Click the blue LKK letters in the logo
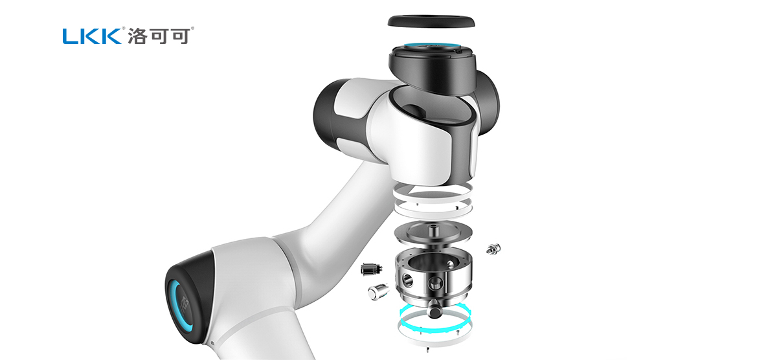pyautogui.click(x=90, y=36)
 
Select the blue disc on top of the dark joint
pyautogui.click(x=430, y=49)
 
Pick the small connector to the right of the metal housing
pyautogui.click(x=494, y=247)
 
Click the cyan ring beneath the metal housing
pyautogui.click(x=433, y=321)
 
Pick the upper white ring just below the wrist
pyautogui.click(x=432, y=191)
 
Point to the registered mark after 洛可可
pyautogui.click(x=194, y=28)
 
